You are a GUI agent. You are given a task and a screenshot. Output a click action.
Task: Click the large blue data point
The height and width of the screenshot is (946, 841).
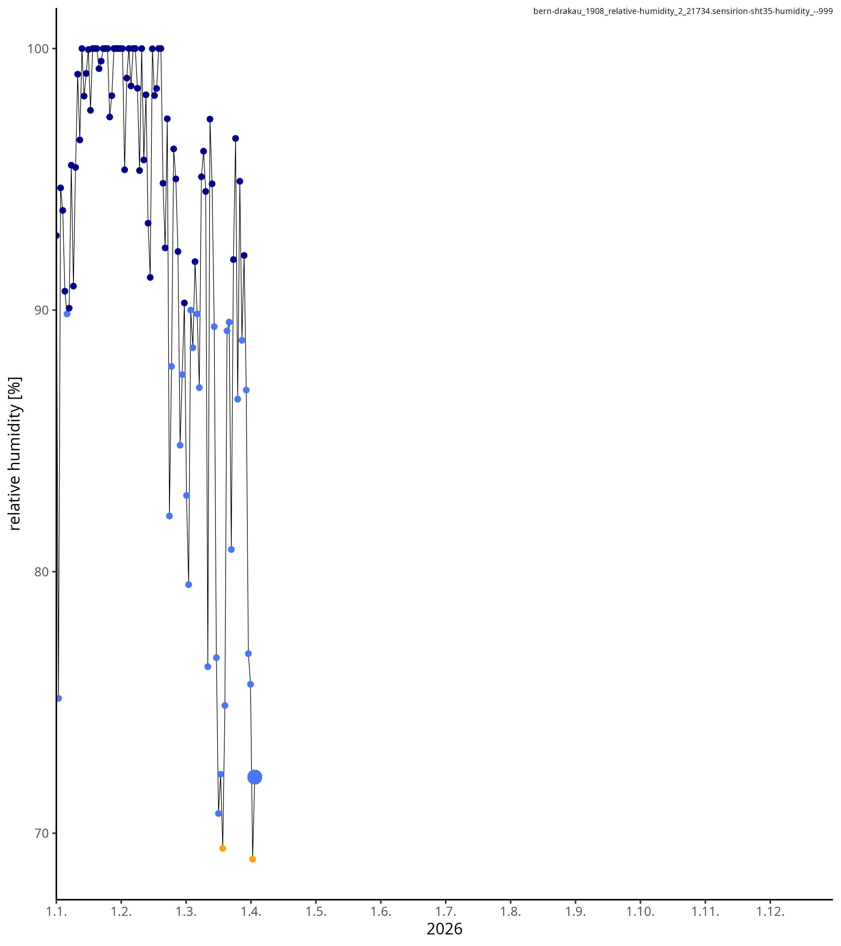click(254, 777)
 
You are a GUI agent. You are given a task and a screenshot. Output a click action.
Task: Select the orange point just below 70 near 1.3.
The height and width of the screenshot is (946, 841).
click(223, 848)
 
